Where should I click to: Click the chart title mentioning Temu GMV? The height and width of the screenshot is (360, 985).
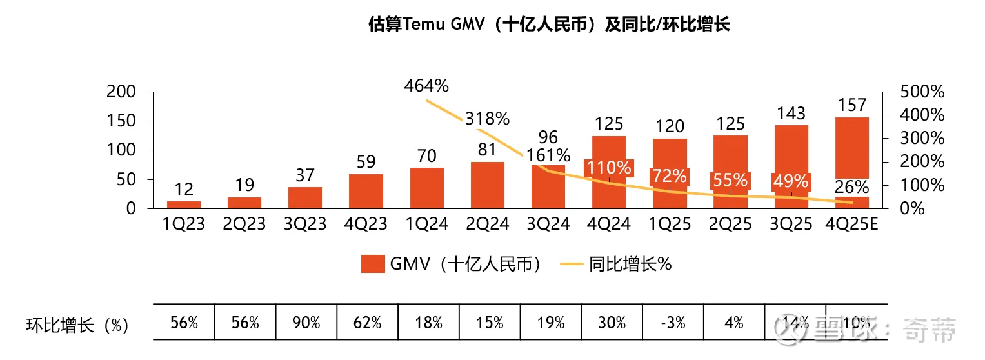549,25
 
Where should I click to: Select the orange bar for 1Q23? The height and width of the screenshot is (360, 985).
184,205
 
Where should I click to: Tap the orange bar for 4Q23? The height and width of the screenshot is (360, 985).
366,191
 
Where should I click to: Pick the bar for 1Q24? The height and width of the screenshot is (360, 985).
427,188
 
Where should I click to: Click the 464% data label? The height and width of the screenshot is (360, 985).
426,85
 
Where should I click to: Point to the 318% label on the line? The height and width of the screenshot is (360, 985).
488,119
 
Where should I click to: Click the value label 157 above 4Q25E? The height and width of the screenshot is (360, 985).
852,105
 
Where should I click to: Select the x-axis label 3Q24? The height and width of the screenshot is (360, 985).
549,224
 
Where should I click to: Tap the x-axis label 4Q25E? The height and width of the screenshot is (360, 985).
852,224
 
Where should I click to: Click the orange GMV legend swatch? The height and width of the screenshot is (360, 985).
372,264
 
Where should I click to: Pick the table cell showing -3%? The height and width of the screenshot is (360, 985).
672,322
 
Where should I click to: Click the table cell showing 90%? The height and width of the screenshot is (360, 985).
306,322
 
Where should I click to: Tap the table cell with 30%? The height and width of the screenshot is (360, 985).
611,322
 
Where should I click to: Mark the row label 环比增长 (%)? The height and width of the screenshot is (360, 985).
77,325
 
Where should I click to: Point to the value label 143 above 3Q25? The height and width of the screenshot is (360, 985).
791,113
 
